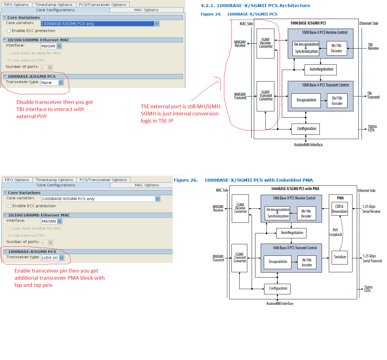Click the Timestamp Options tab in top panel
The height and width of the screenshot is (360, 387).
(x=54, y=5)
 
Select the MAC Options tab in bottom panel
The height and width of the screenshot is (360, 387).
(x=147, y=185)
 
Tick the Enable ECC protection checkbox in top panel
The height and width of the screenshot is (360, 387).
(x=9, y=31)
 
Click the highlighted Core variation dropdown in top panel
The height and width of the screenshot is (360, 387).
(x=100, y=24)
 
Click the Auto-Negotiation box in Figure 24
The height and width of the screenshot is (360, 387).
(x=321, y=69)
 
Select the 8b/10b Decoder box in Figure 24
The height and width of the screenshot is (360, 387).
(x=336, y=48)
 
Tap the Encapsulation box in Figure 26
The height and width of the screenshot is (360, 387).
(x=278, y=262)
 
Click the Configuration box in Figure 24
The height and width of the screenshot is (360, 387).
(x=306, y=129)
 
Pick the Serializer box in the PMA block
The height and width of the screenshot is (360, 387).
(x=340, y=257)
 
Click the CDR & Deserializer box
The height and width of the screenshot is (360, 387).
(x=339, y=209)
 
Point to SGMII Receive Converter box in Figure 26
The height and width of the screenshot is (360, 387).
(x=240, y=208)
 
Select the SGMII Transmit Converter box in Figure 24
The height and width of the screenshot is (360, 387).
(x=265, y=96)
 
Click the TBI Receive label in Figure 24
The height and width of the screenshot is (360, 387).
(x=373, y=47)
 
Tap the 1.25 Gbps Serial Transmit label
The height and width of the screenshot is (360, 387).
(x=372, y=259)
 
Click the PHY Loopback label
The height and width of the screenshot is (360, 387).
(x=335, y=232)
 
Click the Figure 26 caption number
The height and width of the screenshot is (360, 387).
(x=185, y=180)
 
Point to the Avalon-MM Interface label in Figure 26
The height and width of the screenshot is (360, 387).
(x=279, y=304)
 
